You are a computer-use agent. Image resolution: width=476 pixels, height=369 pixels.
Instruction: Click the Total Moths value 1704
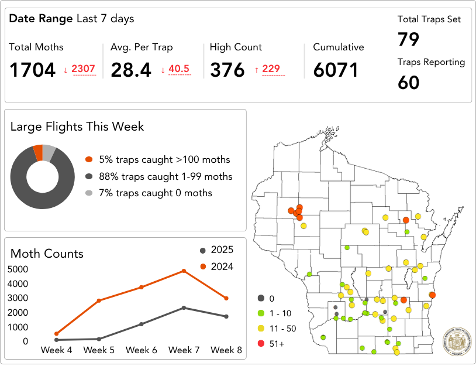pos(32,70)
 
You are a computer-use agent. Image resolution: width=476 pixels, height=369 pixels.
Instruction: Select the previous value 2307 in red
pos(83,69)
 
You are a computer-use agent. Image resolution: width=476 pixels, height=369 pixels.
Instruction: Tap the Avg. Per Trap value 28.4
pos(131,70)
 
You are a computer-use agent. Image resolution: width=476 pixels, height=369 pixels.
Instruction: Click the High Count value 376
pos(227,70)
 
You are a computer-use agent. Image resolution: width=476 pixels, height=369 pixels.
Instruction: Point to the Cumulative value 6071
pos(335,70)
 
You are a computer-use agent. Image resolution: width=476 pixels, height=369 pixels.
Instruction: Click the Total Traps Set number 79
pos(409,40)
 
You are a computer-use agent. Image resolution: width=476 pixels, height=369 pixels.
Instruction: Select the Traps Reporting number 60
pos(409,83)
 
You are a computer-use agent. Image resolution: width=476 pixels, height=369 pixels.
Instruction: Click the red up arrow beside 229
pos(256,70)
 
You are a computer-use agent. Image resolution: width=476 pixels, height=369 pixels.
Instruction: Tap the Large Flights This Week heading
pos(77,127)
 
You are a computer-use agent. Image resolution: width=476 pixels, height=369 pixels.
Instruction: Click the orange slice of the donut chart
pos(38,153)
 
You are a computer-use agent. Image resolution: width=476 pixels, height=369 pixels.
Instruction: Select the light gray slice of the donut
pos(49,153)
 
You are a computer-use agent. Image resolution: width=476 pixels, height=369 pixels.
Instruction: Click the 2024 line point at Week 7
pos(184,271)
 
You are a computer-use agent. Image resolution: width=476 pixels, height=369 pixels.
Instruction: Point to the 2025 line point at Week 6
pos(142,324)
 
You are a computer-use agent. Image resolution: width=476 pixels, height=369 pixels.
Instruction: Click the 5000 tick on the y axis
pos(18,269)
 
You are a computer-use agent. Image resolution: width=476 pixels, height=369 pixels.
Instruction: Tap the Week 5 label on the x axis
pos(99,350)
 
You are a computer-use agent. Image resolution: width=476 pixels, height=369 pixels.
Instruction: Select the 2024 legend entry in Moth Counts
pos(216,267)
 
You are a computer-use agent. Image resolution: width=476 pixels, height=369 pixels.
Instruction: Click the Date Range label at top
pos(41,19)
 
